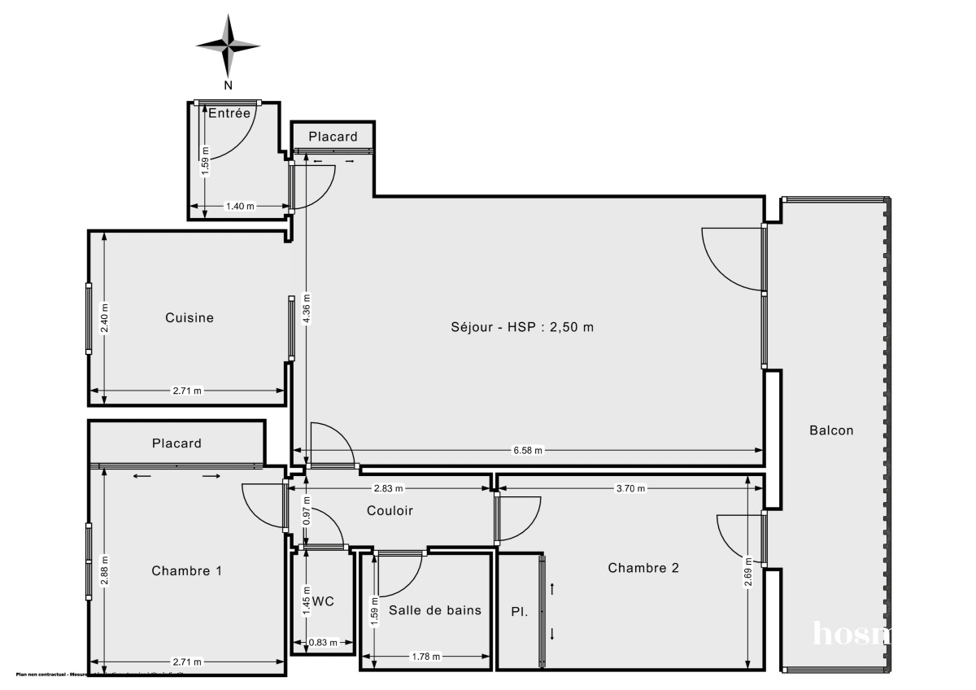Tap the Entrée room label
[x=229, y=114]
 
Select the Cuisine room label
[x=190, y=317]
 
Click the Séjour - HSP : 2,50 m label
[x=522, y=327]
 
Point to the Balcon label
[x=831, y=430]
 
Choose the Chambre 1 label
[x=187, y=571]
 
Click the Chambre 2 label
[x=643, y=568]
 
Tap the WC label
[x=324, y=602]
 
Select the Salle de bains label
[x=435, y=610]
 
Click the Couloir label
[x=390, y=511]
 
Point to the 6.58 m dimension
[x=528, y=450]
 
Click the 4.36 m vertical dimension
[x=306, y=309]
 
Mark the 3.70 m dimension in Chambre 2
[x=630, y=489]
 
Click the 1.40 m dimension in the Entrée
[x=239, y=207]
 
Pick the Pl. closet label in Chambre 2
[x=519, y=611]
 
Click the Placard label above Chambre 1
[x=176, y=443]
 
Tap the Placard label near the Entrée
[x=333, y=137]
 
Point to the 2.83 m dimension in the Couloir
[x=387, y=489]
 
